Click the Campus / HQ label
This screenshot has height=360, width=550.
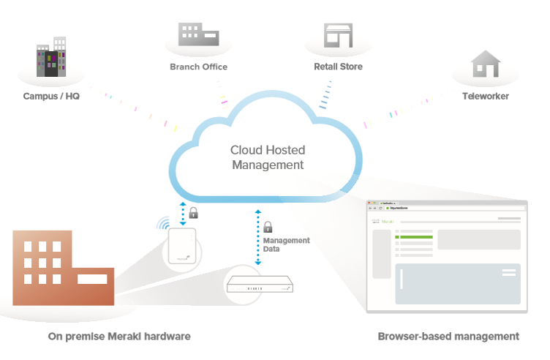pyautogui.click(x=51, y=97)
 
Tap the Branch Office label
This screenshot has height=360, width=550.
pyautogui.click(x=198, y=67)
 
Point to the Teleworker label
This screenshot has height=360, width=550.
pyautogui.click(x=486, y=97)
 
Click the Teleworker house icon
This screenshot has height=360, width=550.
pyautogui.click(x=486, y=64)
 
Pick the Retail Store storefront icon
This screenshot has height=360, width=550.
pyautogui.click(x=339, y=35)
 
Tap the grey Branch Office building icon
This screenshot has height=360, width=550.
pyautogui.click(x=198, y=33)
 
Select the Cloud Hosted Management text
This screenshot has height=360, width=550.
pyautogui.click(x=268, y=157)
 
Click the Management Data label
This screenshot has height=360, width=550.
pyautogui.click(x=286, y=245)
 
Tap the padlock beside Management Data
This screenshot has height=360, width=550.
pyautogui.click(x=268, y=227)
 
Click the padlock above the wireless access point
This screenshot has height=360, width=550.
pyautogui.click(x=193, y=213)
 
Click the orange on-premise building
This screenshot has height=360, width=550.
pyautogui.click(x=63, y=266)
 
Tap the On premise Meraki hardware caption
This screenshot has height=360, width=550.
pyautogui.click(x=119, y=337)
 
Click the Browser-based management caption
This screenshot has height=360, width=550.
pyautogui.click(x=448, y=337)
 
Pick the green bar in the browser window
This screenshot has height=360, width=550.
pyautogui.click(x=414, y=237)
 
